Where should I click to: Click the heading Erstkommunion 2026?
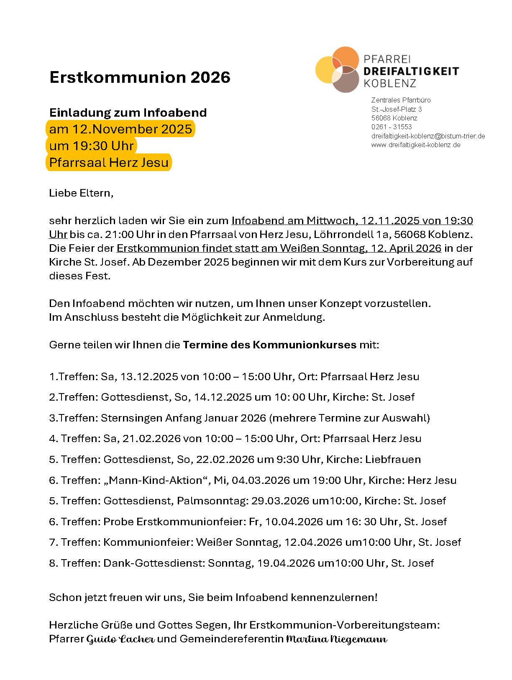(x=140, y=77)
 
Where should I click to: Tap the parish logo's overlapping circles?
(x=338, y=69)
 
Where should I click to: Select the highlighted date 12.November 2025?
(x=120, y=129)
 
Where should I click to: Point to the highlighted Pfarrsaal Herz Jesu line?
(x=109, y=162)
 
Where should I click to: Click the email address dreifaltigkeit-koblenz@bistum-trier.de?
(x=428, y=136)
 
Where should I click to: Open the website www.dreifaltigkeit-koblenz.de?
(x=416, y=145)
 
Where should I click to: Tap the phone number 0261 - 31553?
(x=392, y=127)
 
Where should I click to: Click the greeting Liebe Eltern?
(x=81, y=193)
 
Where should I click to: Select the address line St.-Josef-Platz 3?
(x=397, y=109)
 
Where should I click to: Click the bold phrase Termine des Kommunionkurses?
(x=269, y=345)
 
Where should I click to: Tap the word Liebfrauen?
(x=393, y=459)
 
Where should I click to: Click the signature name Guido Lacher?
(x=120, y=639)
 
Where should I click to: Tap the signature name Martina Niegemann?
(x=337, y=639)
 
